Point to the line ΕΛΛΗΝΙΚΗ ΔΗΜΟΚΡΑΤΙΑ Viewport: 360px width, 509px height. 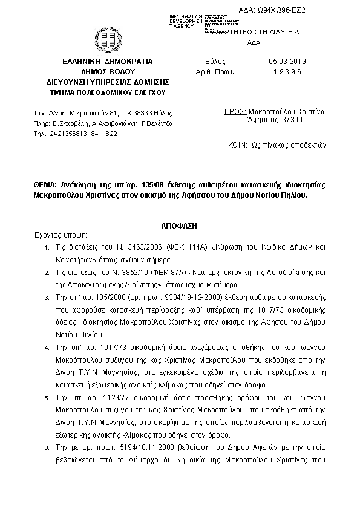(x=107, y=62)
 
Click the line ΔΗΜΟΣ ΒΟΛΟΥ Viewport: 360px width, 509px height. (x=107, y=71)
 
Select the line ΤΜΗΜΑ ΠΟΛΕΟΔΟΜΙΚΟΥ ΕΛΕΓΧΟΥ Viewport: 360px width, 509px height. (x=107, y=92)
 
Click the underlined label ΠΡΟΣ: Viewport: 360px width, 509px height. (x=234, y=112)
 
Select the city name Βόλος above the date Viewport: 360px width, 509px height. (x=215, y=62)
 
